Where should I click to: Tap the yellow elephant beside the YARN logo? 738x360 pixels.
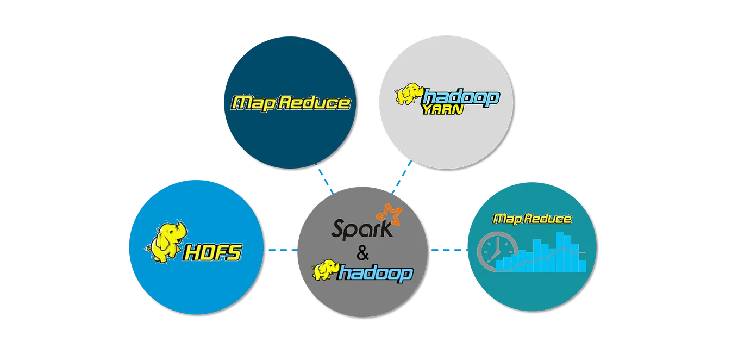409,94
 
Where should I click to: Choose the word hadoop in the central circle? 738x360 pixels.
375,273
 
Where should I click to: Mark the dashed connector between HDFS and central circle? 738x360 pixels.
282,251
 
